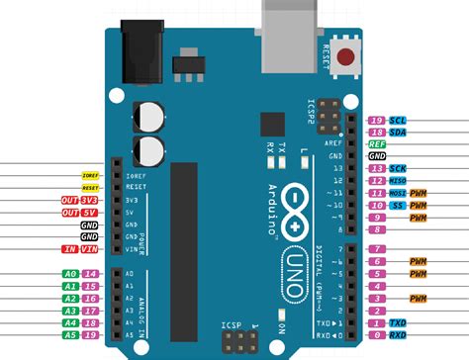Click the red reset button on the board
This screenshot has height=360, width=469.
pyautogui.click(x=346, y=55)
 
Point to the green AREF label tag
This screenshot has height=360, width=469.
pyautogui.click(x=377, y=144)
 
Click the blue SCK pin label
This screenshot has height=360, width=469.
pyautogui.click(x=398, y=170)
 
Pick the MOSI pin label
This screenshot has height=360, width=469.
pyautogui.click(x=397, y=194)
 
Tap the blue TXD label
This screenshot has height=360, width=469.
pyautogui.click(x=398, y=323)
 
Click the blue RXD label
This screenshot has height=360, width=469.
pyautogui.click(x=398, y=335)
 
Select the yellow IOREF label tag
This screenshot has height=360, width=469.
pyautogui.click(x=90, y=175)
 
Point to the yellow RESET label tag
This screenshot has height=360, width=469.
pyautogui.click(x=90, y=187)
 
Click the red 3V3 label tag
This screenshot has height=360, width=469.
pyautogui.click(x=90, y=200)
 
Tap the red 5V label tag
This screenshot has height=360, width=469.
pyautogui.click(x=90, y=213)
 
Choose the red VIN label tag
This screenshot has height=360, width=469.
pyautogui.click(x=90, y=250)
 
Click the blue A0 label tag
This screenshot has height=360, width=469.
pyautogui.click(x=70, y=273)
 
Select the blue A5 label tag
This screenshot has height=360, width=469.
pyautogui.click(x=70, y=335)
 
